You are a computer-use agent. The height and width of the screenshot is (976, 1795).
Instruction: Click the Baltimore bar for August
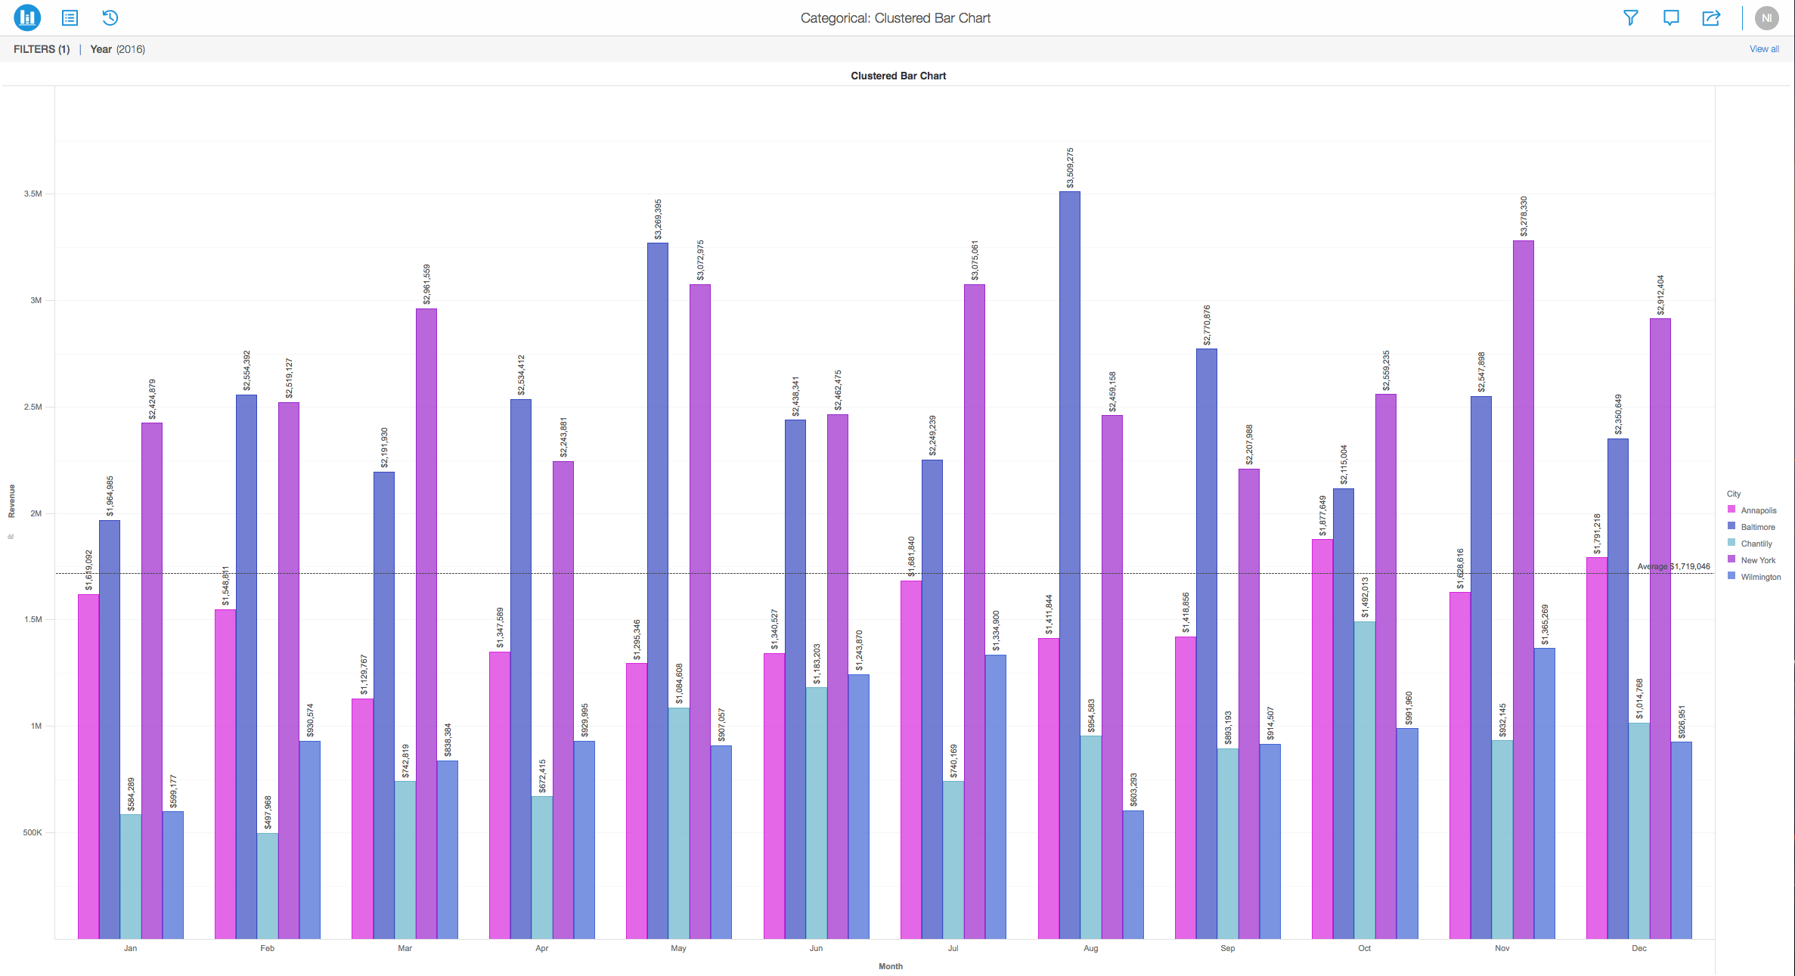click(1069, 567)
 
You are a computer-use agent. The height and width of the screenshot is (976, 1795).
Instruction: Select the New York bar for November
click(1523, 590)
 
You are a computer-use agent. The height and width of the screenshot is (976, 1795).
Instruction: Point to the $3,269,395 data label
click(658, 219)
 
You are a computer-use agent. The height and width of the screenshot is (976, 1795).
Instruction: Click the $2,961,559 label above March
click(426, 284)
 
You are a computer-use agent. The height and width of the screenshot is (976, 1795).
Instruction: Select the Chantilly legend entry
click(1756, 544)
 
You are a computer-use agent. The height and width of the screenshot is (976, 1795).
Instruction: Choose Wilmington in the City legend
click(1760, 577)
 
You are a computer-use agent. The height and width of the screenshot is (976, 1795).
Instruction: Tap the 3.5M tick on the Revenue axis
click(33, 194)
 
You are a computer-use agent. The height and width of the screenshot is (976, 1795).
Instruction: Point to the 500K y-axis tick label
click(33, 832)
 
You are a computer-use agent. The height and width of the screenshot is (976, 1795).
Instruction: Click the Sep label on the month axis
click(1227, 948)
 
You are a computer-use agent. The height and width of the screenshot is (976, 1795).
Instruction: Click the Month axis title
click(890, 966)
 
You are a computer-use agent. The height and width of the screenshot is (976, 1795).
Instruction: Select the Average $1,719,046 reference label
click(1673, 566)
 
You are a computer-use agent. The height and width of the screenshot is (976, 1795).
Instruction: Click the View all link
click(1763, 49)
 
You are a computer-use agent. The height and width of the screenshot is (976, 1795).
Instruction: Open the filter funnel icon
click(1630, 18)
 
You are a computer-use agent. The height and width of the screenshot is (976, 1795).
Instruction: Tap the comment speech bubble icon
click(1670, 18)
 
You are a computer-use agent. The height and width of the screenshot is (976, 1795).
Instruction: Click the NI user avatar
click(1766, 18)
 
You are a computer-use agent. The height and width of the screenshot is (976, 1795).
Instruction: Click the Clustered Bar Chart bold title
click(897, 76)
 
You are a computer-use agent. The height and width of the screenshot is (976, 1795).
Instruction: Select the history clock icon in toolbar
click(110, 18)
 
